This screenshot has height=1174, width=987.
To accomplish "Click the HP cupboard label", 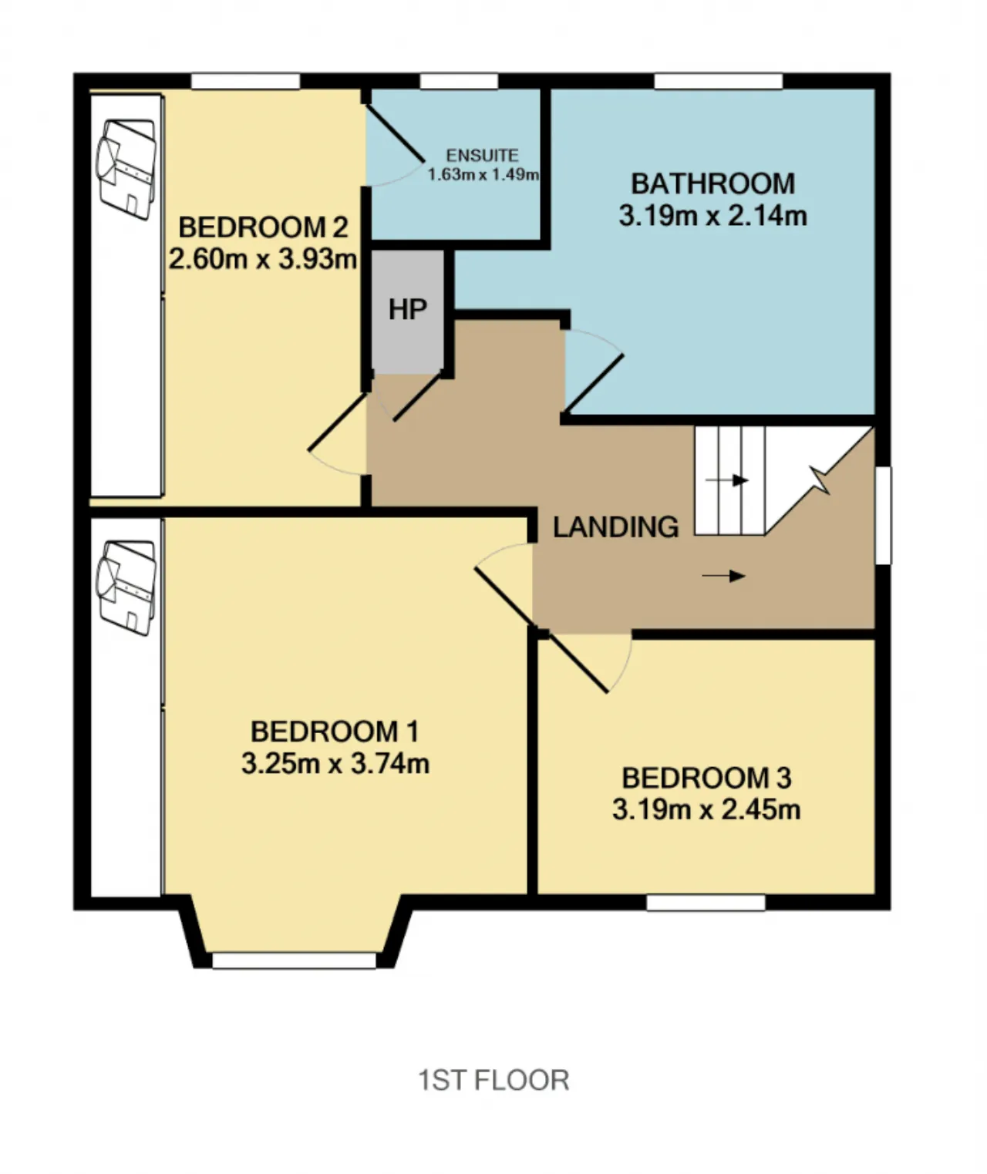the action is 408,309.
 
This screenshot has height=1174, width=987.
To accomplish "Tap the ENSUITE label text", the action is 482,155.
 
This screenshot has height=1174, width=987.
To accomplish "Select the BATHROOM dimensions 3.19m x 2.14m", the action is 712,216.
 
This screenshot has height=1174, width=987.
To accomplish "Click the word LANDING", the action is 615,526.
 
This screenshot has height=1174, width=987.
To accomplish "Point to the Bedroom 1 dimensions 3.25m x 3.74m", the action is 335,764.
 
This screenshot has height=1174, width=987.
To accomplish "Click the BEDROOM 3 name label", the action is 706,778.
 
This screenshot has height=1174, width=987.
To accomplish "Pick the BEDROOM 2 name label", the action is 263,227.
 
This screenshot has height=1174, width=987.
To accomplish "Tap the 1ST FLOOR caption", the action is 493,1081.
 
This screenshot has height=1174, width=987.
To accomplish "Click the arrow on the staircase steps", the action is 726,480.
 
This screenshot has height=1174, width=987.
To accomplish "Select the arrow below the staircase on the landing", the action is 724,576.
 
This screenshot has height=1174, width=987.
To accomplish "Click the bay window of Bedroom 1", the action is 294,960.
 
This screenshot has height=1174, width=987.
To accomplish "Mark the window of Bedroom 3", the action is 706,903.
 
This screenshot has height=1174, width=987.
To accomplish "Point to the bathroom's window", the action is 718,81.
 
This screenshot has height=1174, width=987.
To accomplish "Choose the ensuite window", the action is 459,81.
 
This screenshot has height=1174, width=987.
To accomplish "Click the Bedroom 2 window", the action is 245,81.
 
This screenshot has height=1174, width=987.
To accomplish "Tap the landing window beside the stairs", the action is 883,515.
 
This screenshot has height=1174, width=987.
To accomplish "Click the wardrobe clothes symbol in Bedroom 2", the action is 126,170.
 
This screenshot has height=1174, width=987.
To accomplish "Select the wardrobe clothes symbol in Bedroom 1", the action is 126,588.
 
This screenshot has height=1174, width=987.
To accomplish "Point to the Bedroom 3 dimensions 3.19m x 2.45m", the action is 706,810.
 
